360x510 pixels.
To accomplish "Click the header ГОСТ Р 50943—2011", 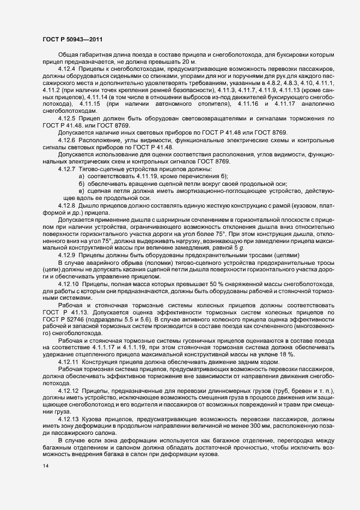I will [72, 40].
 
